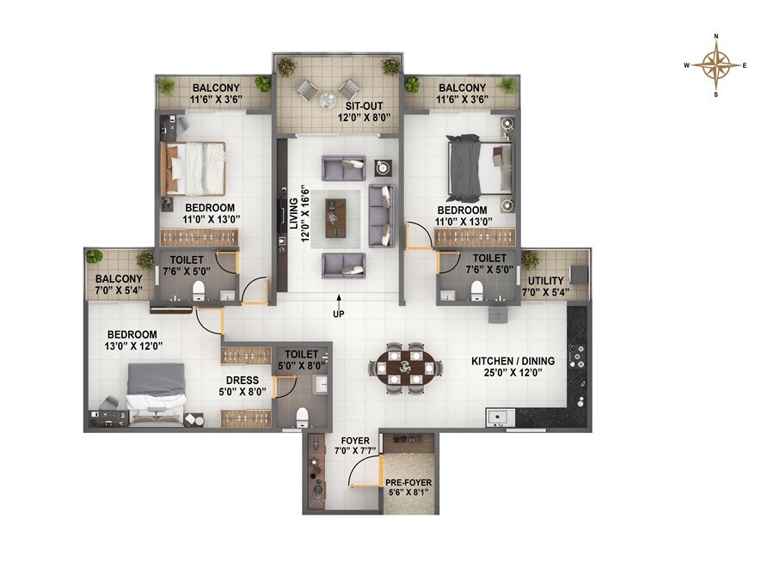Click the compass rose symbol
pyautogui.click(x=716, y=64)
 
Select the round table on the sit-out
pyautogui.click(x=328, y=101)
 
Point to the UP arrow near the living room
pyautogui.click(x=341, y=301)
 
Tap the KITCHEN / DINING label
pyautogui.click(x=513, y=361)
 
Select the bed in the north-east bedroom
pyautogui.click(x=480, y=166)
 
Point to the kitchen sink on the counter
pyautogui.click(x=498, y=418)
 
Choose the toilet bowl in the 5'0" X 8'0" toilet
pyautogui.click(x=302, y=418)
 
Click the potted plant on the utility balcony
pyautogui.click(x=530, y=259)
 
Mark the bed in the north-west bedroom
pyautogui.click(x=194, y=169)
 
